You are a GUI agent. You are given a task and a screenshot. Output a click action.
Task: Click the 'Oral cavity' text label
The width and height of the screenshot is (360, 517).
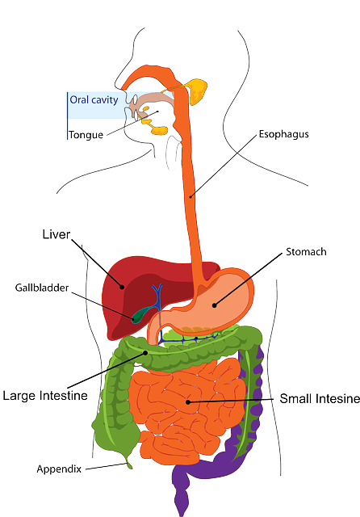(94, 100)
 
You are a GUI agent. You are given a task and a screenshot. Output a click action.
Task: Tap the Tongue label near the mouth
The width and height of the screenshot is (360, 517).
(86, 135)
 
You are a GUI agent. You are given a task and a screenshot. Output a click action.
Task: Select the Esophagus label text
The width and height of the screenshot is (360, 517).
(284, 133)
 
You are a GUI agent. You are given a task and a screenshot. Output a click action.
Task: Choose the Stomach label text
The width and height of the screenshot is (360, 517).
(306, 251)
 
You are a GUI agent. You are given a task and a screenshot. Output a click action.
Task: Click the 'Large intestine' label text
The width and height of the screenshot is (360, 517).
(44, 395)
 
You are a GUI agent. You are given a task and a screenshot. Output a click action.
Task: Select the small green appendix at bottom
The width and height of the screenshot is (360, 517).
(127, 461)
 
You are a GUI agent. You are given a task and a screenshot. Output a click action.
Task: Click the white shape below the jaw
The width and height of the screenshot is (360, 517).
(171, 153)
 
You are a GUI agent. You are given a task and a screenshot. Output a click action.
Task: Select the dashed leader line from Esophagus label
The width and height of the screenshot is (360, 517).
(226, 166)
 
